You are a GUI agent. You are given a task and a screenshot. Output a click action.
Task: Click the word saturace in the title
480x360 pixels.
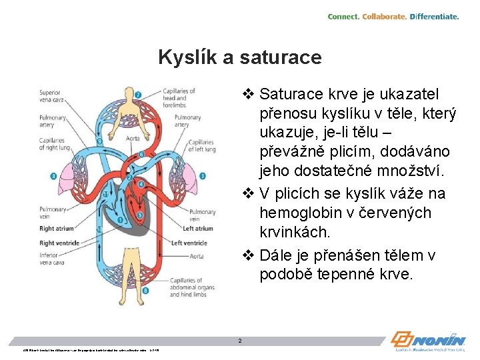pyautogui.click(x=279, y=57)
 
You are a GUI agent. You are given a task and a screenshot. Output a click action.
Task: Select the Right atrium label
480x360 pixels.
pyautogui.click(x=57, y=229)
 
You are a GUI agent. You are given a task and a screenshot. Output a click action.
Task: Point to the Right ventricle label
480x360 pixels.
pyautogui.click(x=59, y=243)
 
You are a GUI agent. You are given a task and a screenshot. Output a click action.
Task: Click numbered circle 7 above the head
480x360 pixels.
pyautogui.click(x=137, y=95)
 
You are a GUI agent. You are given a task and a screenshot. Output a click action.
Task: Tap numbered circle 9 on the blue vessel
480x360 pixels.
pyautogui.click(x=99, y=141)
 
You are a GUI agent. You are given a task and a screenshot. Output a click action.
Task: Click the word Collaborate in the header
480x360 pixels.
pyautogui.click(x=385, y=16)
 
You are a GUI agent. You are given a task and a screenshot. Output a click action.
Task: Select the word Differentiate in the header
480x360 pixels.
pyautogui.click(x=434, y=16)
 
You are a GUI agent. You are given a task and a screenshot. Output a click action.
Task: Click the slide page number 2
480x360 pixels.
pyautogui.click(x=240, y=341)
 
